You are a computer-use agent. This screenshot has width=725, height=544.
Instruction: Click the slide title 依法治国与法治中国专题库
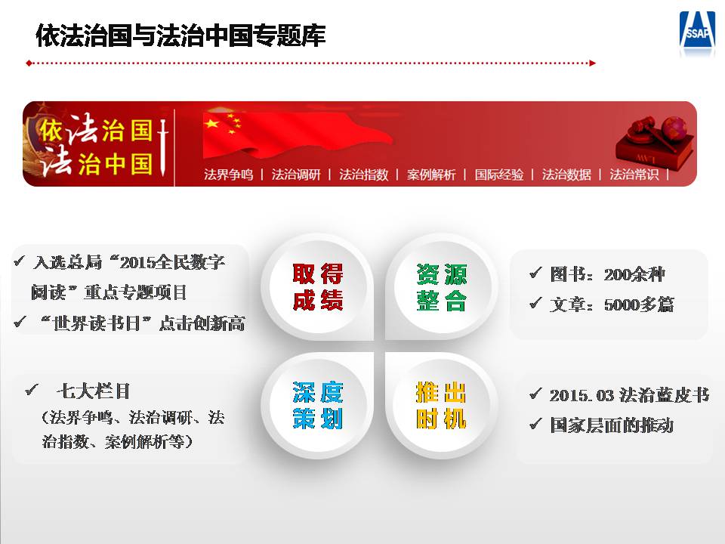(180, 36)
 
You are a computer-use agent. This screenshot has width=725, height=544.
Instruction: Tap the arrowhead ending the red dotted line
(592, 63)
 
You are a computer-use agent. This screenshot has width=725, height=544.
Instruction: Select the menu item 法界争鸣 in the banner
(228, 175)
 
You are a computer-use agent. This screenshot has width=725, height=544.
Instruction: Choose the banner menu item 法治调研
(296, 175)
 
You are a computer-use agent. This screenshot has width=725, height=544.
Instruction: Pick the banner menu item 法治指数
(363, 175)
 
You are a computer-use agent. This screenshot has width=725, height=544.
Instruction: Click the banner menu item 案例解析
(431, 175)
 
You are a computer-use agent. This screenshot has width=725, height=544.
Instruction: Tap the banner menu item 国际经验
(499, 175)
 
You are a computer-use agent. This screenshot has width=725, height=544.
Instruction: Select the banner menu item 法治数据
(566, 175)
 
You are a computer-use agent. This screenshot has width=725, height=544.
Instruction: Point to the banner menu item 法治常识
(634, 175)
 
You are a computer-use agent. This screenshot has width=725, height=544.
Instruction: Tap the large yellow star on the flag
(211, 123)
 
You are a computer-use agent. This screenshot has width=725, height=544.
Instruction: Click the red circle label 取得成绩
(318, 287)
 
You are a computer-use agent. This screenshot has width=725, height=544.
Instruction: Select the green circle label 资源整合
(442, 287)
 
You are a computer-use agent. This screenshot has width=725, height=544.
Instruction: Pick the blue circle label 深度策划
(318, 406)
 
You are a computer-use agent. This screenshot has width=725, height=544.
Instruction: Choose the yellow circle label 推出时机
(442, 406)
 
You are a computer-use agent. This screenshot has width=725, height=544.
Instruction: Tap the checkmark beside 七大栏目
(32, 390)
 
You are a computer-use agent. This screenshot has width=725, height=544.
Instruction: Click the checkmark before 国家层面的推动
(535, 423)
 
